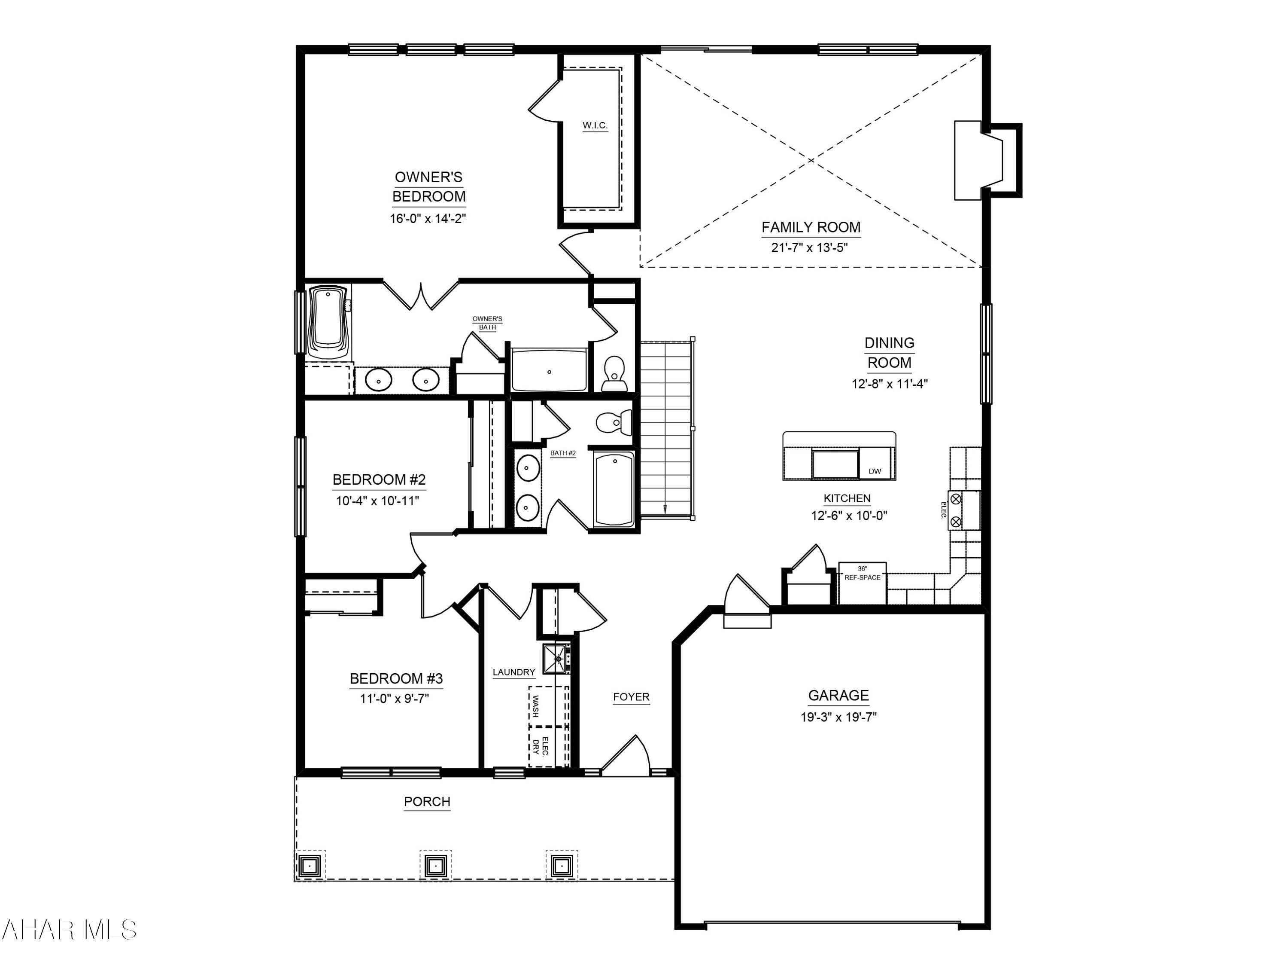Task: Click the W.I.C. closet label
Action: click(x=595, y=125)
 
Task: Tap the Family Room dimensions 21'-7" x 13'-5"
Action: click(x=809, y=247)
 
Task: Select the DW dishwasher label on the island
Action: click(x=875, y=471)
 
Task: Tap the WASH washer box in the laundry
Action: click(x=548, y=706)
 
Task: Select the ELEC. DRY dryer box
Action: click(x=548, y=747)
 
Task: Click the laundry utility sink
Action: click(x=558, y=658)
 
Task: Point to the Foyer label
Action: click(x=631, y=697)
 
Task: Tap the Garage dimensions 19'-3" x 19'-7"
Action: click(x=838, y=717)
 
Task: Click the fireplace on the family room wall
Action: click(x=969, y=160)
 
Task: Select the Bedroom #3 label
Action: click(x=396, y=679)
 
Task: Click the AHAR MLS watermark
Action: click(x=69, y=930)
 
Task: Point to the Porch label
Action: click(x=427, y=802)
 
